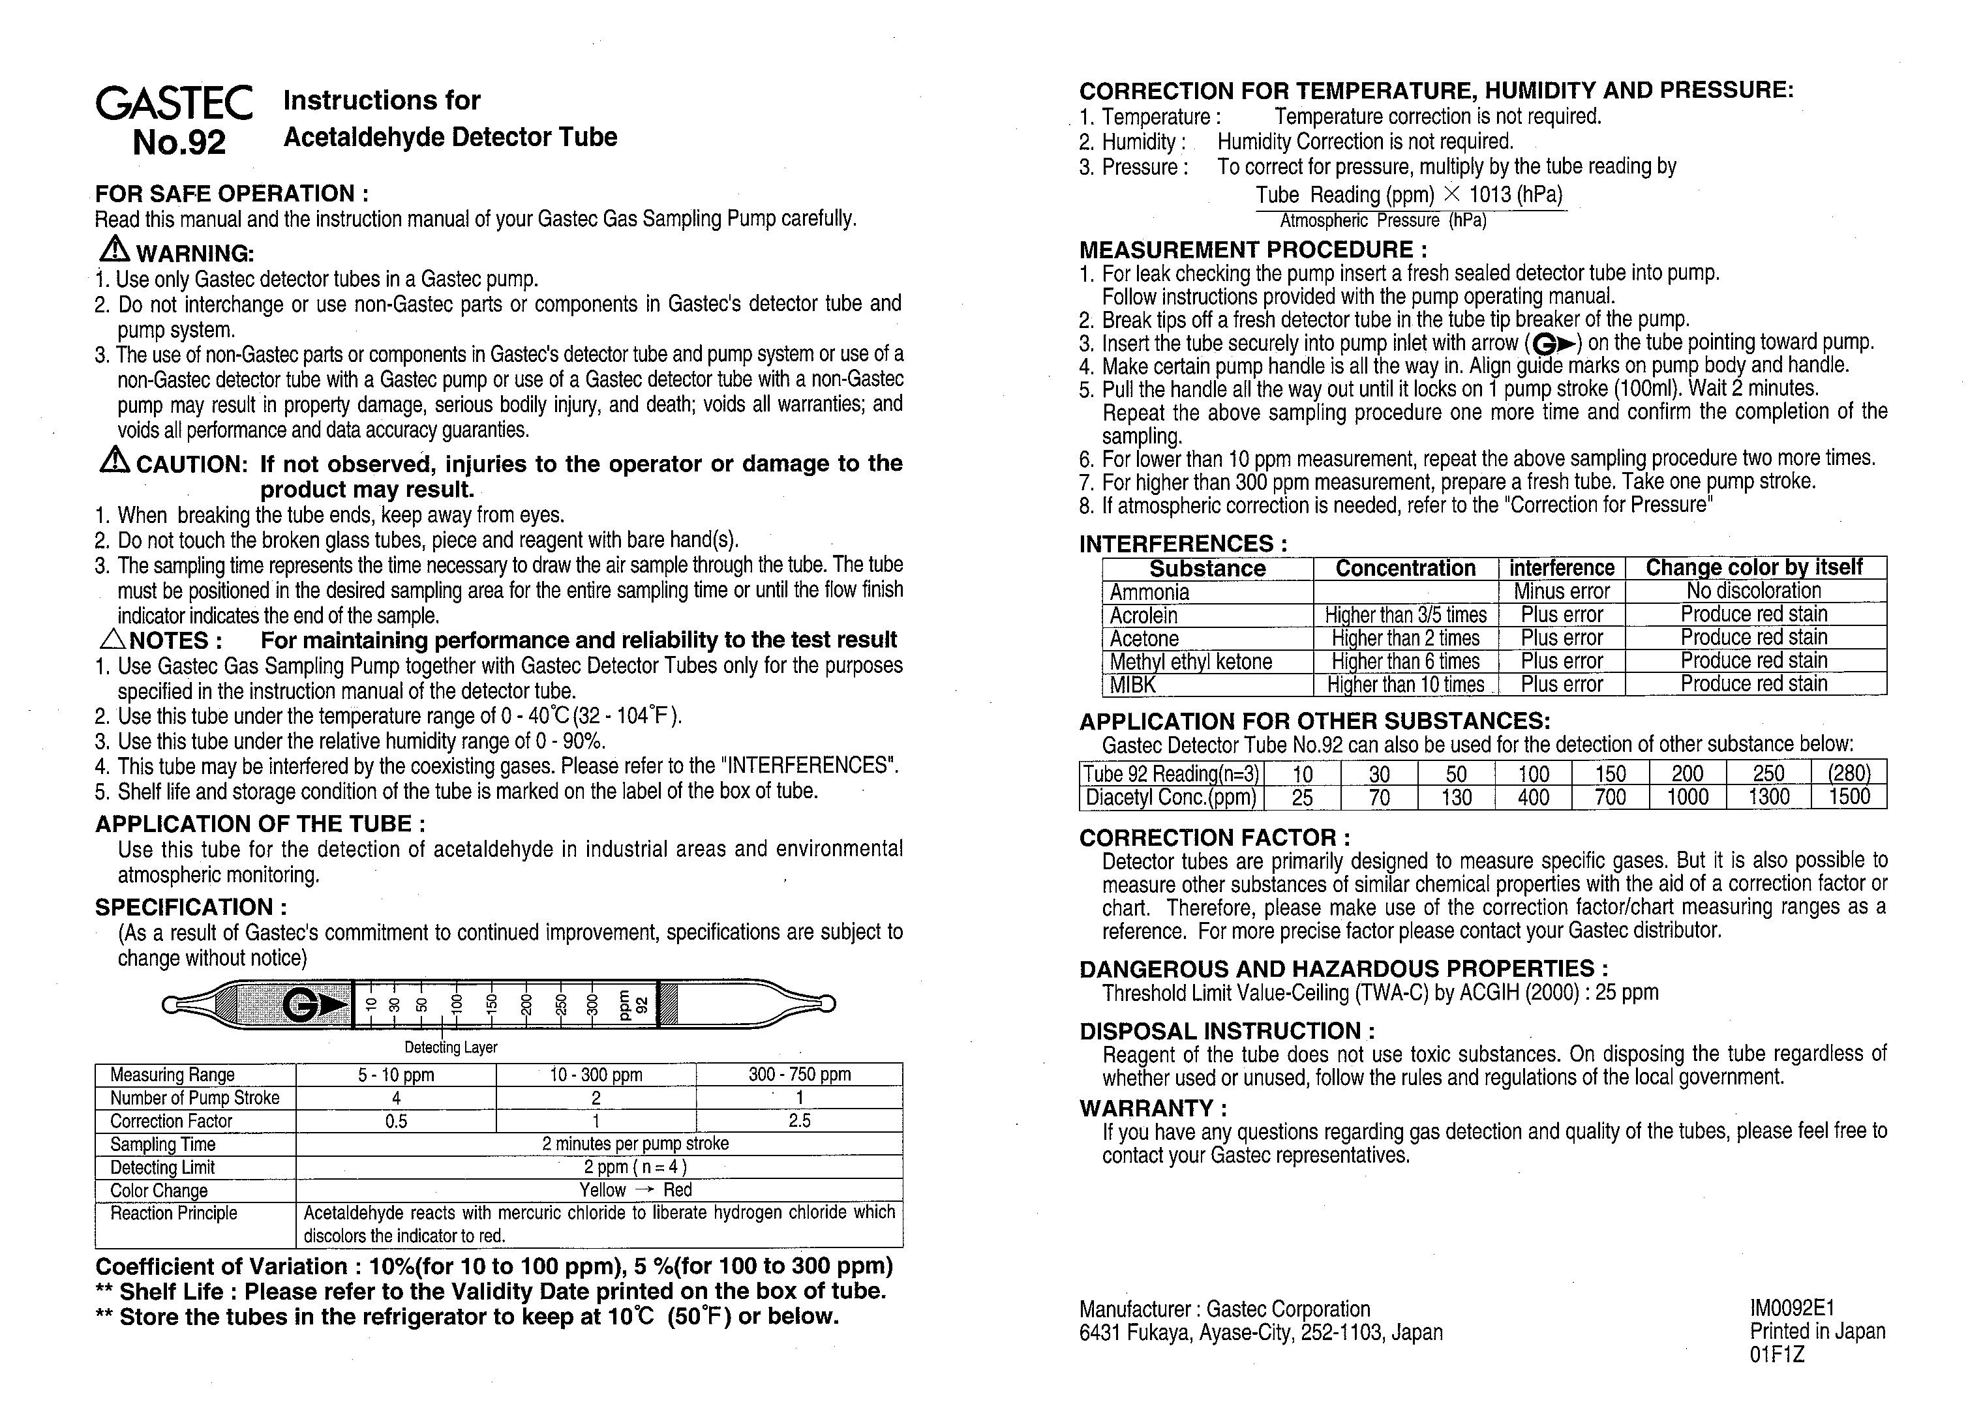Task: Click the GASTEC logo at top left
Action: (x=174, y=104)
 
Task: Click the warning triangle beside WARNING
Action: (x=114, y=250)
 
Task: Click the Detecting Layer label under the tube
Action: (x=451, y=1047)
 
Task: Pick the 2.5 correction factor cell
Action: (x=799, y=1120)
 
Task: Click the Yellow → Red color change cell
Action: (x=635, y=1189)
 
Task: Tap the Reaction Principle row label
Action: (x=173, y=1213)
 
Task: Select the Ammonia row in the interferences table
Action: (x=1149, y=592)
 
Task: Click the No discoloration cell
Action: (x=1753, y=591)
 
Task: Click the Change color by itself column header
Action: (x=1753, y=567)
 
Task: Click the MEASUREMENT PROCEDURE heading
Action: (x=1252, y=250)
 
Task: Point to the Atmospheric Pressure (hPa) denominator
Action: (x=1383, y=221)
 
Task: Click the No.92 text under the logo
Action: (x=179, y=142)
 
